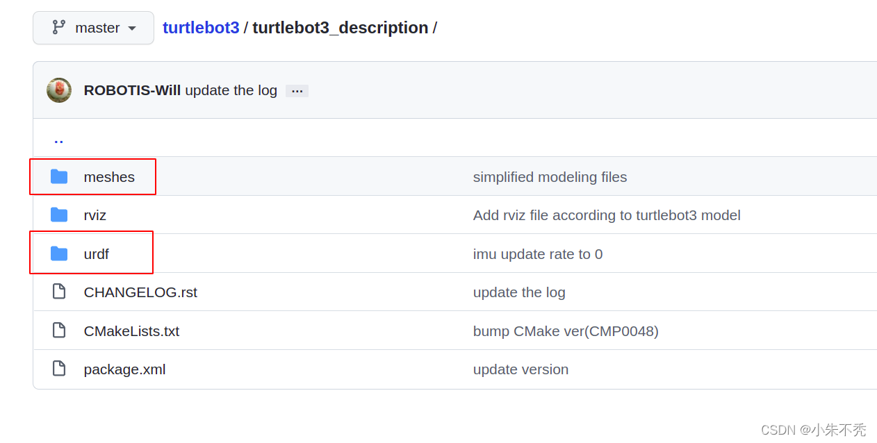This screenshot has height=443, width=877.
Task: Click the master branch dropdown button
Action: pos(93,28)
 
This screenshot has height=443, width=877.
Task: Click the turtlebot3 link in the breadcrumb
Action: pos(201,28)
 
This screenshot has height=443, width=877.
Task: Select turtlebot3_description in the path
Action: pos(340,28)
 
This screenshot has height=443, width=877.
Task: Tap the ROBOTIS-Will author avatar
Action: pos(59,90)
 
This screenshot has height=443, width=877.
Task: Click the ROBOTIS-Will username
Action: pos(132,90)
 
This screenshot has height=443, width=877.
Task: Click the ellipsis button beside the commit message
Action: pos(297,91)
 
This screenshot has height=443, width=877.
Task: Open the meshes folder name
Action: pos(109,177)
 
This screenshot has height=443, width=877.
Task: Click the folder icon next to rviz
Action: pos(59,215)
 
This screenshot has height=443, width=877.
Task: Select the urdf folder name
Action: pos(96,254)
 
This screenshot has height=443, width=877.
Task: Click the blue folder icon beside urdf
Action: pos(59,254)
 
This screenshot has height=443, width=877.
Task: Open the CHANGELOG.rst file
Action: pos(140,292)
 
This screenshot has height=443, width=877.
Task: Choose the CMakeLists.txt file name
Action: pos(131,331)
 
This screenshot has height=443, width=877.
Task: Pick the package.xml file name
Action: pos(124,369)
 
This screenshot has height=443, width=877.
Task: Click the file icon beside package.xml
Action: pos(59,369)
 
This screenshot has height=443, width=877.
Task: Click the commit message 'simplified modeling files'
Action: pos(550,177)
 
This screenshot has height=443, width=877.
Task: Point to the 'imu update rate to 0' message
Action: pos(538,254)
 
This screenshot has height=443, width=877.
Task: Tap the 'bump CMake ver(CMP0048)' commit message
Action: pos(566,331)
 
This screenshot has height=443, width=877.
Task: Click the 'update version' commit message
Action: pos(521,369)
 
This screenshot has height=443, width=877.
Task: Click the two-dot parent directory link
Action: pos(58,140)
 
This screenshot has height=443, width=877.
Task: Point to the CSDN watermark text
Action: pos(813,430)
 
